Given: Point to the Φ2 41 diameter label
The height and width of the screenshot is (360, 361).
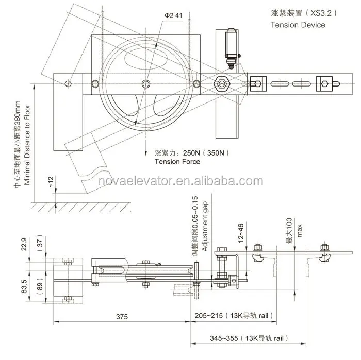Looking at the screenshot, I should pyautogui.click(x=174, y=15).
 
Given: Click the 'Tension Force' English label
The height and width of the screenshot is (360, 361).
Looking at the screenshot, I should pyautogui.click(x=177, y=162).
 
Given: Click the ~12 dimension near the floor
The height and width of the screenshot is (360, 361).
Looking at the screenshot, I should pyautogui.click(x=50, y=182).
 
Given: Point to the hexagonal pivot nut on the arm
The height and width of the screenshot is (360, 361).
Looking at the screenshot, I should pyautogui.click(x=222, y=83).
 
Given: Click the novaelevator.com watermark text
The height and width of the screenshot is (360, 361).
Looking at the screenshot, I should pyautogui.click(x=180, y=181).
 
